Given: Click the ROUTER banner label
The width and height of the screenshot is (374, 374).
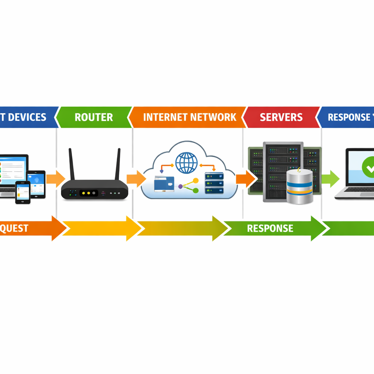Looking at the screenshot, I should (x=93, y=117).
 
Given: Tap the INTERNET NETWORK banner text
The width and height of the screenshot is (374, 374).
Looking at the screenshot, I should (x=190, y=117).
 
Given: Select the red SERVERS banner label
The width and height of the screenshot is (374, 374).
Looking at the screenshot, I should (x=281, y=117).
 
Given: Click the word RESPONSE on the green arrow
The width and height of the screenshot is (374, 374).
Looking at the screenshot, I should (x=270, y=228).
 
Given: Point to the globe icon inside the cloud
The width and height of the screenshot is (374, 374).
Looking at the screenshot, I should (x=186, y=163).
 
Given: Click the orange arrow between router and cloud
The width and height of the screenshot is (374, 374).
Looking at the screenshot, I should (x=136, y=179).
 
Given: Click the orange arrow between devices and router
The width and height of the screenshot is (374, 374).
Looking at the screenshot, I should (x=56, y=179).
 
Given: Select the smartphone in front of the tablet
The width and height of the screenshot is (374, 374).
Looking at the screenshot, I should (x=23, y=192).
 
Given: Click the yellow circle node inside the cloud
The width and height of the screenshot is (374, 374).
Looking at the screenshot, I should (x=195, y=180).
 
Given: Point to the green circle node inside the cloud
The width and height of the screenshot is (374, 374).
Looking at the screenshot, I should (x=195, y=190).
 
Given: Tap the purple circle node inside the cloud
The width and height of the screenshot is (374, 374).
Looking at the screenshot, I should (x=180, y=186).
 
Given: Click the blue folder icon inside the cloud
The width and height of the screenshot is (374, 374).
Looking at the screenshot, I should (x=164, y=183).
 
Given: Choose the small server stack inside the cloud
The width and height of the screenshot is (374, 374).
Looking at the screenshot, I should (x=214, y=183).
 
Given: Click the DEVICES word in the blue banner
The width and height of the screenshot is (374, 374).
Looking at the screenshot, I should (x=27, y=117).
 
